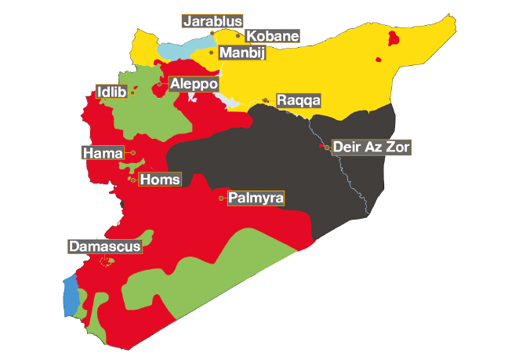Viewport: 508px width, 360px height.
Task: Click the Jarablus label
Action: coord(212,21)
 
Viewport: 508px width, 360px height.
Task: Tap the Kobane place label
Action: coord(272,36)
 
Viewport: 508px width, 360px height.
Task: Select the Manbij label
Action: coord(242,53)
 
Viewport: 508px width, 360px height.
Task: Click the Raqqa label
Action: coord(299,101)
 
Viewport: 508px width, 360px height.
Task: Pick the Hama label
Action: coord(102,152)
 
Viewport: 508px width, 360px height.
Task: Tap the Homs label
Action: coord(160,180)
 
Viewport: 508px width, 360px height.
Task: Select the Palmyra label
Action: coord(256,198)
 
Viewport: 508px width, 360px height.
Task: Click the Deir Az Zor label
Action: coord(370,147)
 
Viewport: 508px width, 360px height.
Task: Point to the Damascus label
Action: coord(105,246)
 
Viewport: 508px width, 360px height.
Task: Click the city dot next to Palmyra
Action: coord(222,198)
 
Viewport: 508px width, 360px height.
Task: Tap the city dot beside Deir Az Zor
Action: coord(323,147)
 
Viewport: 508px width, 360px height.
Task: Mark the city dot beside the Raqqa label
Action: coord(267,100)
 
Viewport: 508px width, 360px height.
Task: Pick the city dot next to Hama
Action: coord(133,152)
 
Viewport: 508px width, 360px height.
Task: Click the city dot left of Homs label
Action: coord(133,180)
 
